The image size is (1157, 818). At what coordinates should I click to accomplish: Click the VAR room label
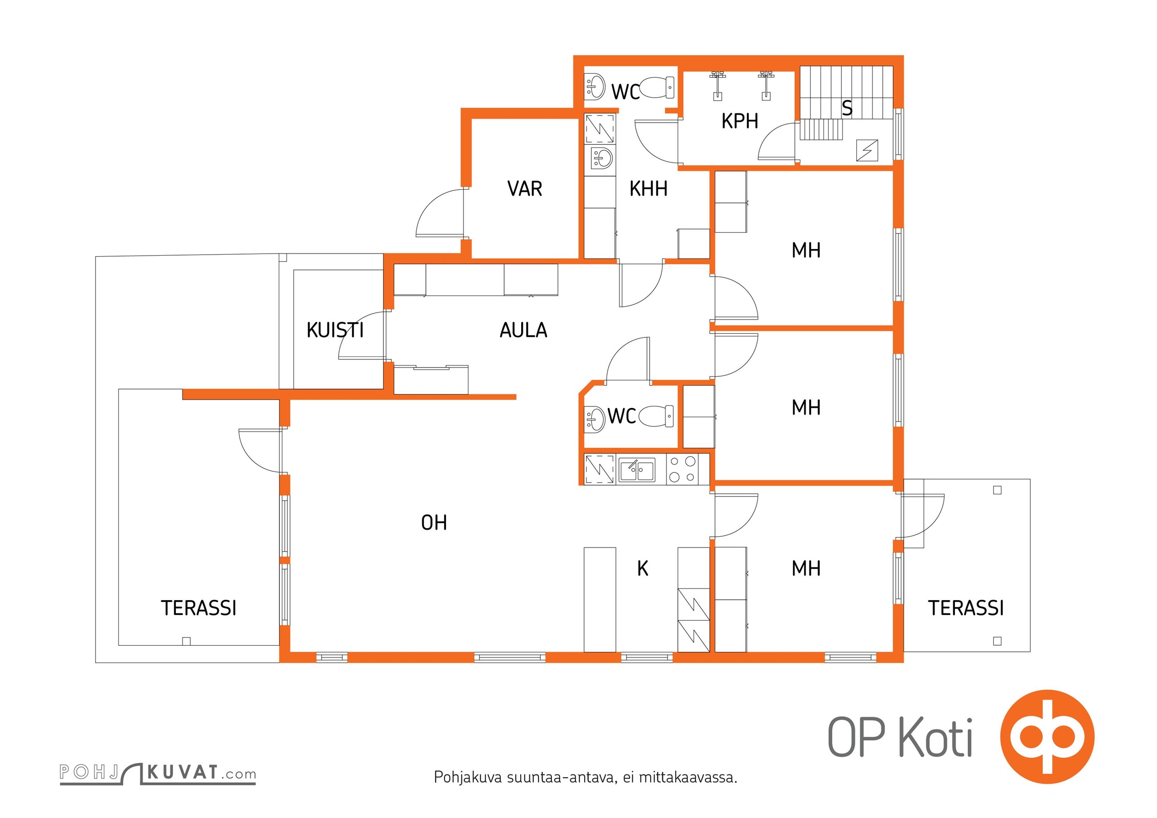524,189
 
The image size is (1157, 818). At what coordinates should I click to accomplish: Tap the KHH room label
648,189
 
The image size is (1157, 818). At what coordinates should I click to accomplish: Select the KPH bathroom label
740,121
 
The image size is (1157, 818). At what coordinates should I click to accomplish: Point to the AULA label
523,330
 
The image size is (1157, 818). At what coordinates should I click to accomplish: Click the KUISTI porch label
335,330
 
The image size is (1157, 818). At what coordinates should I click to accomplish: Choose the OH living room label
434,522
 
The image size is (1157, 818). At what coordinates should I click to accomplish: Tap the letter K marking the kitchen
642,569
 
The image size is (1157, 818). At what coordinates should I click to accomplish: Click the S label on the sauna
847,108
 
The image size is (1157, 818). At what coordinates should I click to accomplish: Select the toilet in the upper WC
657,87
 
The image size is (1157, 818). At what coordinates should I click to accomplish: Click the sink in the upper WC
594,87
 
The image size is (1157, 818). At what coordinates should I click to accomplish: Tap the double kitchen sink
636,470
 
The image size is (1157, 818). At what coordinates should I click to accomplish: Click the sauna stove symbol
867,151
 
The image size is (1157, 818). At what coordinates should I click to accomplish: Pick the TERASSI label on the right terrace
966,608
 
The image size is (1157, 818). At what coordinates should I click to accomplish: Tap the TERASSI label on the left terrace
198,608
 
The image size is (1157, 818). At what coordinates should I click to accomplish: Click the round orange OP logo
1047,737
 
